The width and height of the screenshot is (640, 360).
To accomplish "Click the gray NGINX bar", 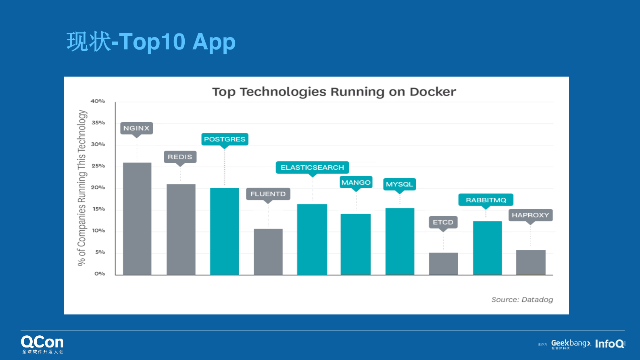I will (x=137, y=218).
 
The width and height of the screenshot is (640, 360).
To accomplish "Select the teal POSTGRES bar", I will (x=225, y=231).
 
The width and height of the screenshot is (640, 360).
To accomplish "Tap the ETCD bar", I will (x=443, y=264).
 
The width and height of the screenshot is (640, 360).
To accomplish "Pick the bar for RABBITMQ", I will (x=487, y=248).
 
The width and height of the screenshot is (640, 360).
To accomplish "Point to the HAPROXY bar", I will (x=531, y=262).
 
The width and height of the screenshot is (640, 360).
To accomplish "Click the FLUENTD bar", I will (x=268, y=252).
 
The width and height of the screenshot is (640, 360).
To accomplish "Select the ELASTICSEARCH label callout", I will (x=312, y=167).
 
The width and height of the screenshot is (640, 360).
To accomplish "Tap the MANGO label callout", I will (x=356, y=183).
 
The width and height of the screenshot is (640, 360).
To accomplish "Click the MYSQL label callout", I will (x=399, y=184).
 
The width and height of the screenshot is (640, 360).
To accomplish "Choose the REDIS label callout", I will (x=180, y=157).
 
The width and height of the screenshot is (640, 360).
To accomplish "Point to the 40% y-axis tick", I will (x=98, y=101).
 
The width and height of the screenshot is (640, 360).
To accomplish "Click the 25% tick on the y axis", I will (x=98, y=166).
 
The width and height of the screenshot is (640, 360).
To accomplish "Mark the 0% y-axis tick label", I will (x=100, y=274).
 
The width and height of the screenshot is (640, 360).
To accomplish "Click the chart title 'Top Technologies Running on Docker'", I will (x=334, y=92).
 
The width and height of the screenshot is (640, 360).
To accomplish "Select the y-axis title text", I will (x=82, y=188).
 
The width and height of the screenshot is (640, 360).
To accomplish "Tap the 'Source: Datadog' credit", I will (x=522, y=300).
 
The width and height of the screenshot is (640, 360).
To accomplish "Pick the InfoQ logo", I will (x=609, y=344).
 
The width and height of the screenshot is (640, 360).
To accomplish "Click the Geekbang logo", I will (x=571, y=344).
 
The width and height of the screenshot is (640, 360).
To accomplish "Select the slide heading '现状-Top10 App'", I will (x=151, y=42).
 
